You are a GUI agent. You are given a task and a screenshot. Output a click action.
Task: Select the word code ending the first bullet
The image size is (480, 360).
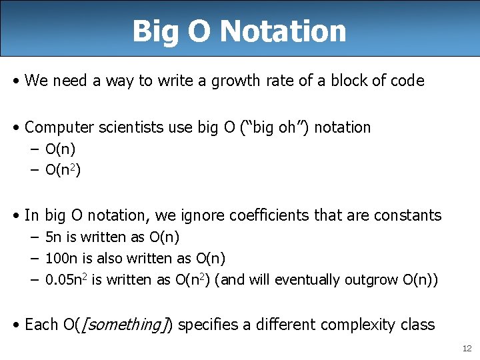pos(407,81)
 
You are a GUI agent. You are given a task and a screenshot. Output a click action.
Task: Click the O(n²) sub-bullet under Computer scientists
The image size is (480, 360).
pos(63,171)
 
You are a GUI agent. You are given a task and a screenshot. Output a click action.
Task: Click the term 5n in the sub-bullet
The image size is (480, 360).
pos(53,237)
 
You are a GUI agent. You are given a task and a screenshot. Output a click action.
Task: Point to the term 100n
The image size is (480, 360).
pos(59,259)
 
